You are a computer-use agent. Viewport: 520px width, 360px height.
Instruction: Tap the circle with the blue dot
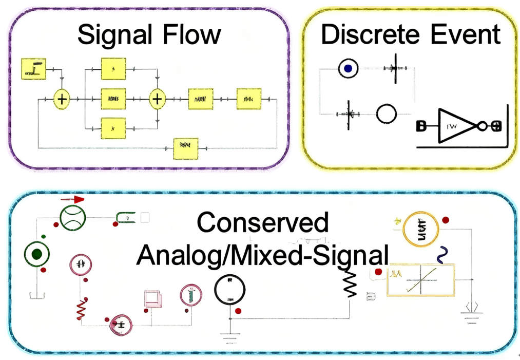pyautogui.click(x=348, y=68)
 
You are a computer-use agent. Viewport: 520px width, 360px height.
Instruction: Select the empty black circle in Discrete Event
pyautogui.click(x=387, y=113)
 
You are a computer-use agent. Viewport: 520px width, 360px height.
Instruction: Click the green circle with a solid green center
pyautogui.click(x=36, y=254)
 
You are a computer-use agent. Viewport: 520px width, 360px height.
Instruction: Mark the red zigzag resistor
pyautogui.click(x=81, y=309)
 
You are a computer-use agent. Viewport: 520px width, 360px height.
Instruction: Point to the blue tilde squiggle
pyautogui.click(x=440, y=254)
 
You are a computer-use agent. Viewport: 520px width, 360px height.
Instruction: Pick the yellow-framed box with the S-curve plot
pyautogui.click(x=420, y=279)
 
